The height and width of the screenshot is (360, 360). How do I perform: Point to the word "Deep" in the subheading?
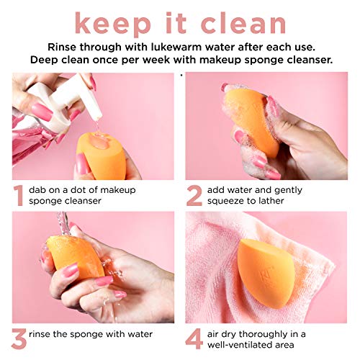48,59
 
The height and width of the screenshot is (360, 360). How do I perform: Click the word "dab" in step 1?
38,189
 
